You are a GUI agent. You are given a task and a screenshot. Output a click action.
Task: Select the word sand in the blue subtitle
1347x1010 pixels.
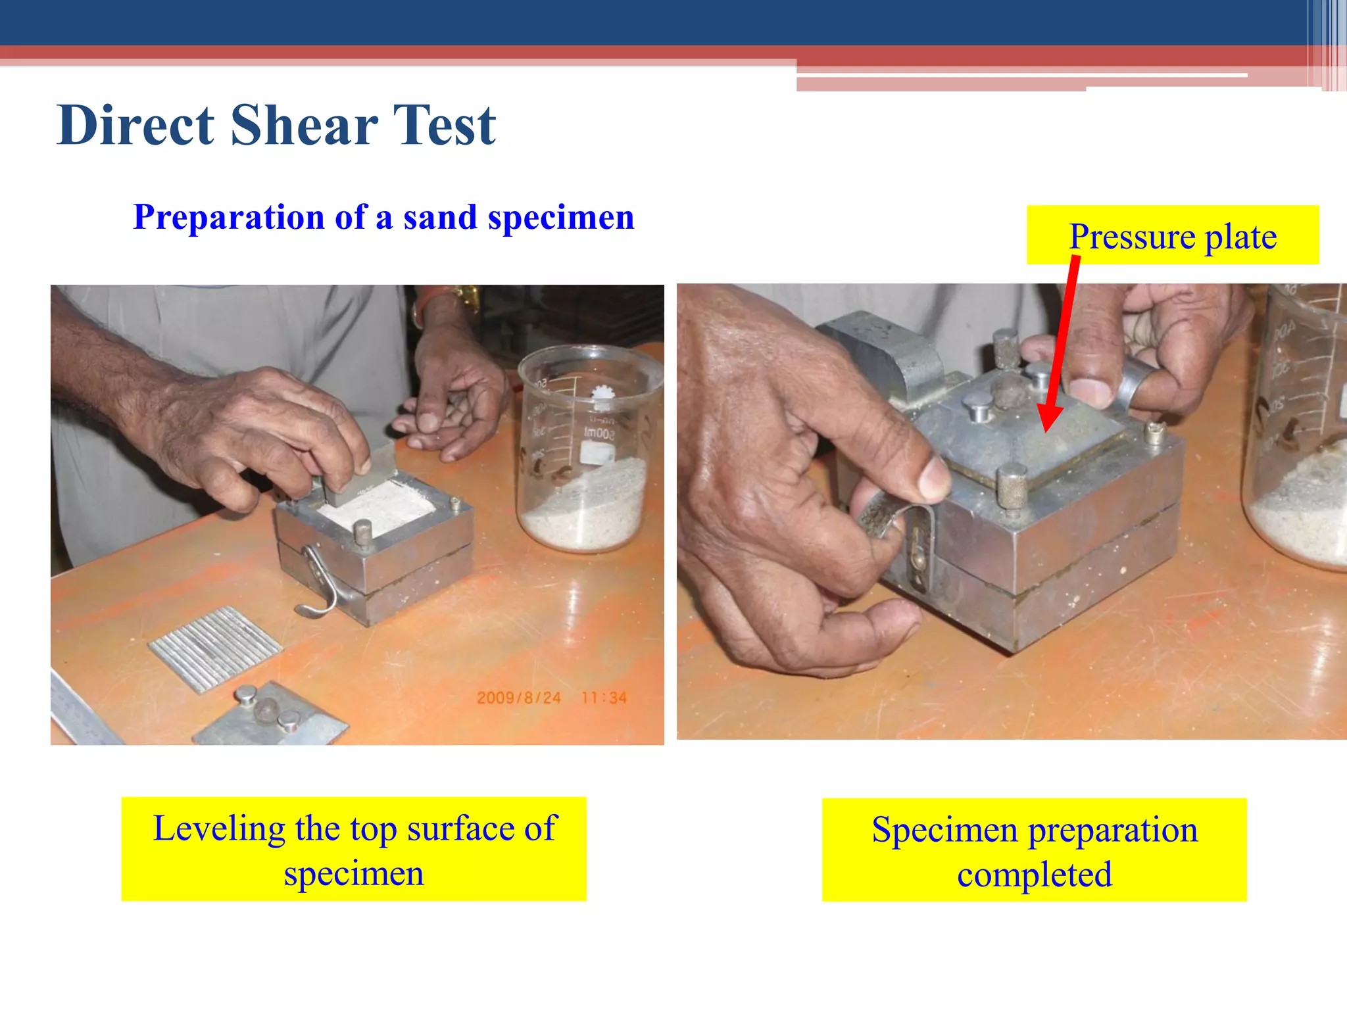click(x=440, y=217)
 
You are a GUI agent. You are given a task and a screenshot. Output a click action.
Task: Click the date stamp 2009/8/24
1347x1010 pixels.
click(x=518, y=698)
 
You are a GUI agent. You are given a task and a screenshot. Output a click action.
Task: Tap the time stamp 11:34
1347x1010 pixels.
click(x=604, y=698)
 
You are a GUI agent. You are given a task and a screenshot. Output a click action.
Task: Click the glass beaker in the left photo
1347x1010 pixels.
click(x=587, y=454)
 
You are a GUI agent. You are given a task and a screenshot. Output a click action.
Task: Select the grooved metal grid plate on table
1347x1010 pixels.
click(x=216, y=648)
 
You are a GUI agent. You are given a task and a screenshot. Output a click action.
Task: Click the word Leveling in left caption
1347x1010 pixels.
click(x=218, y=829)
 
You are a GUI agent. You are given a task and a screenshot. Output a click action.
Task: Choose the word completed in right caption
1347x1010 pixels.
click(x=1034, y=875)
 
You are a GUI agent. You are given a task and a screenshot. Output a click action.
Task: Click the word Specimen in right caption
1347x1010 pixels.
click(x=944, y=830)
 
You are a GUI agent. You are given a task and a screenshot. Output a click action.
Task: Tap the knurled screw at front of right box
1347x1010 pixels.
click(x=1012, y=485)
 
